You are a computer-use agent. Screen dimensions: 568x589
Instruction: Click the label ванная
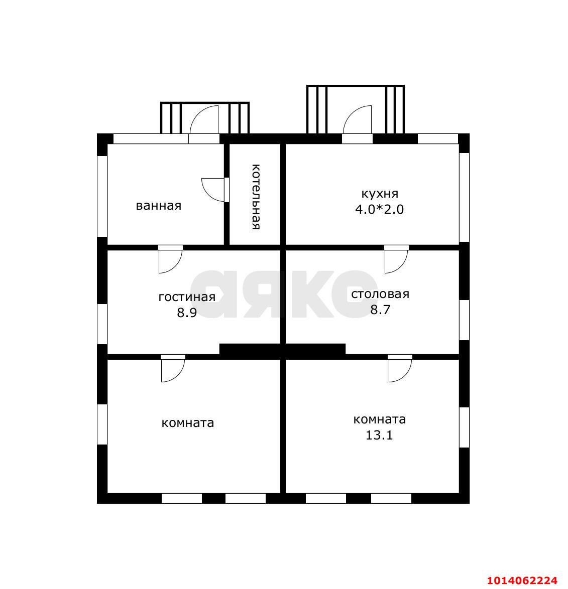point(159,206)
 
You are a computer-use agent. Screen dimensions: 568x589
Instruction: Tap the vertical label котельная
point(256,197)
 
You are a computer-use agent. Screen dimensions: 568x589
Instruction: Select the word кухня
point(380,194)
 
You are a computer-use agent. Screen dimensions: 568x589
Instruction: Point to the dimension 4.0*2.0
point(380,209)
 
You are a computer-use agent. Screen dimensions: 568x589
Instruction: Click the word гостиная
point(187,297)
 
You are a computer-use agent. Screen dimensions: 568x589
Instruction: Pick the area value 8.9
point(187,313)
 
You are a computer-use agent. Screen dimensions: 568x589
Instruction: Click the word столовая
point(380,294)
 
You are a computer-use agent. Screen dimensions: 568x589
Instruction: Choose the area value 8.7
point(380,310)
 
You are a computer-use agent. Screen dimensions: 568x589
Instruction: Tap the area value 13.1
point(379,435)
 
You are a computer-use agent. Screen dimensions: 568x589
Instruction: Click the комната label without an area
point(188,423)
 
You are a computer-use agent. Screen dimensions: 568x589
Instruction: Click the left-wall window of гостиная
point(102,324)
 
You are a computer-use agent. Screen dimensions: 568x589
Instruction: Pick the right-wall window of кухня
point(464,198)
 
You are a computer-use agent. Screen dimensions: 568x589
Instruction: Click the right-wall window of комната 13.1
point(464,427)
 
